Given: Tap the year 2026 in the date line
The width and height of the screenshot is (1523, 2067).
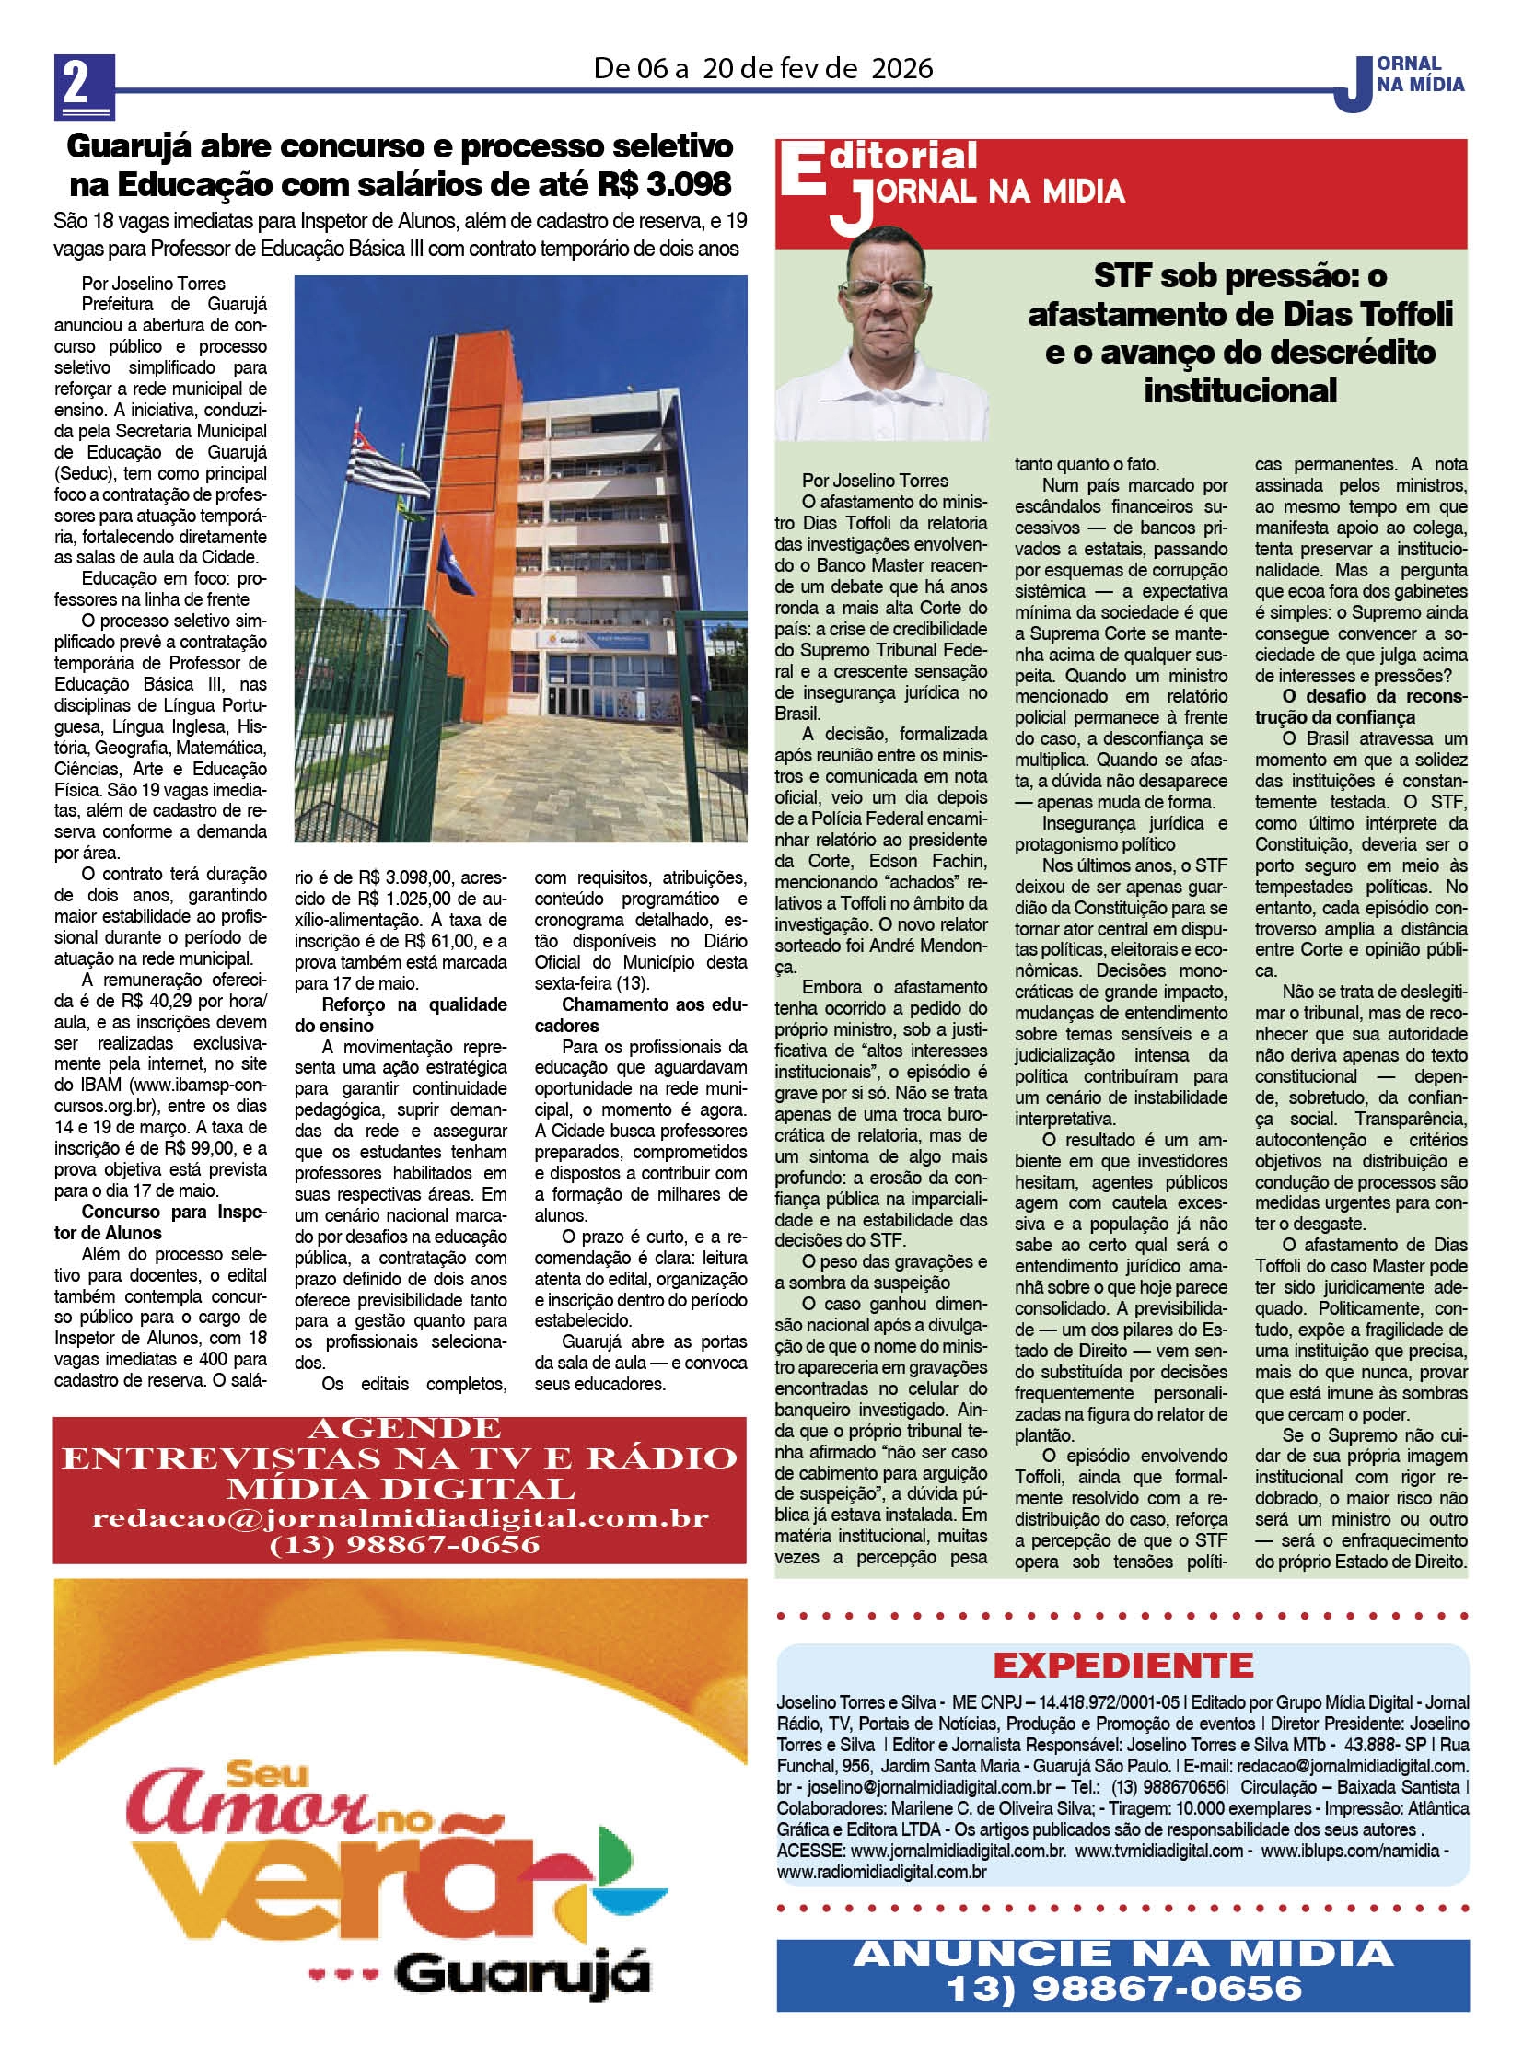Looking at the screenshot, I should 889,68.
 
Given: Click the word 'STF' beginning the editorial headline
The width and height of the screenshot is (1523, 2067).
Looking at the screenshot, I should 1124,275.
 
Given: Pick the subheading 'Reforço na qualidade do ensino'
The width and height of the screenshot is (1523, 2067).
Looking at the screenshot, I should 401,1015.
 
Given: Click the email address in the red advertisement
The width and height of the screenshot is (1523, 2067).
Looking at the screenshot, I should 401,1519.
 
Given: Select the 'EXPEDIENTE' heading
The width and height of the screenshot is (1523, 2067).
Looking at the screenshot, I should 1122,1665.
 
